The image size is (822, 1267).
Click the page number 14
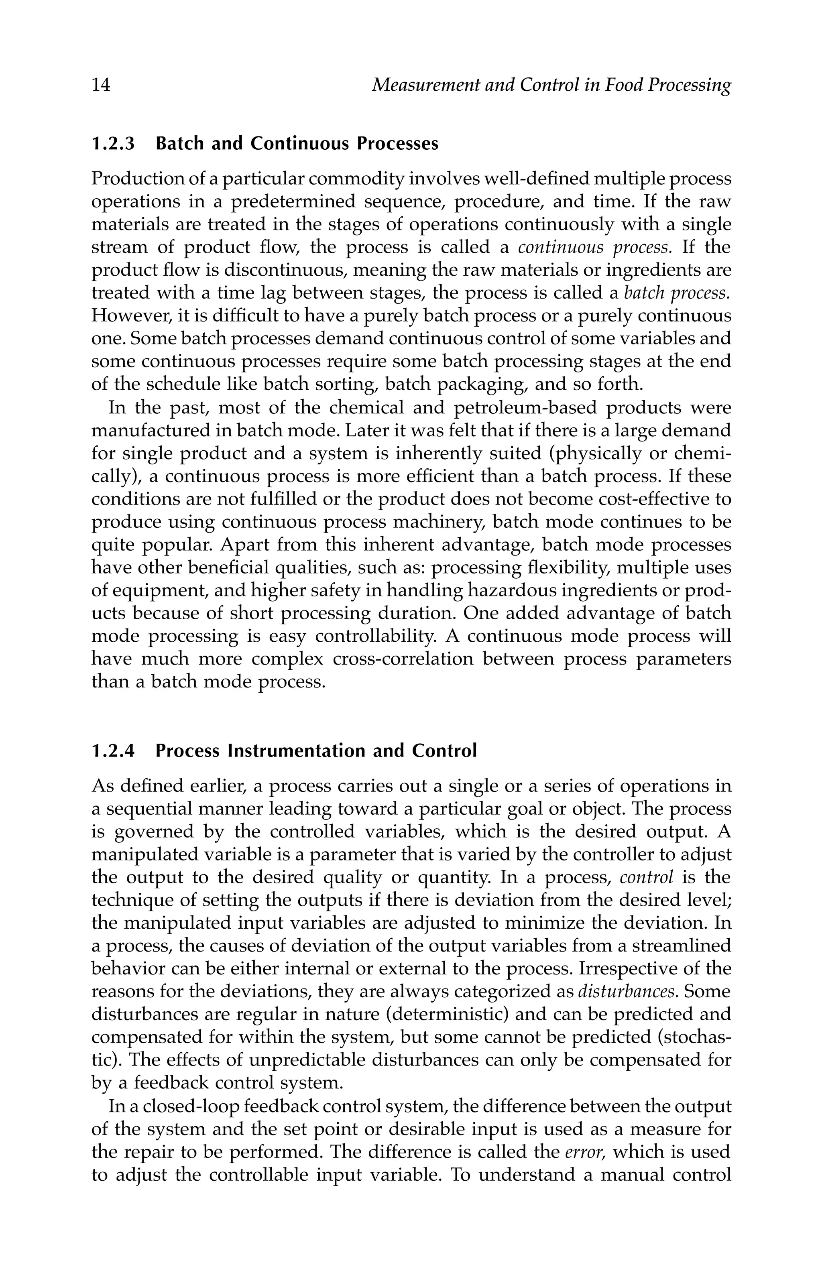(x=101, y=85)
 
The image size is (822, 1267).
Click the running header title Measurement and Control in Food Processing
(x=551, y=85)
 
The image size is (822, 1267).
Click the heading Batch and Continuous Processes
(x=297, y=144)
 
